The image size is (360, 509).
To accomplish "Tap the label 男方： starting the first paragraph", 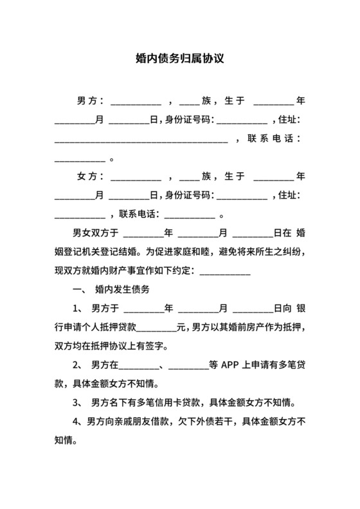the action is pos(90,102).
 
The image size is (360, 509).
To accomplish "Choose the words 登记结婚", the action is pos(131,252).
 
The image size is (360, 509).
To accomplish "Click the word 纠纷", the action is pos(296,252).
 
